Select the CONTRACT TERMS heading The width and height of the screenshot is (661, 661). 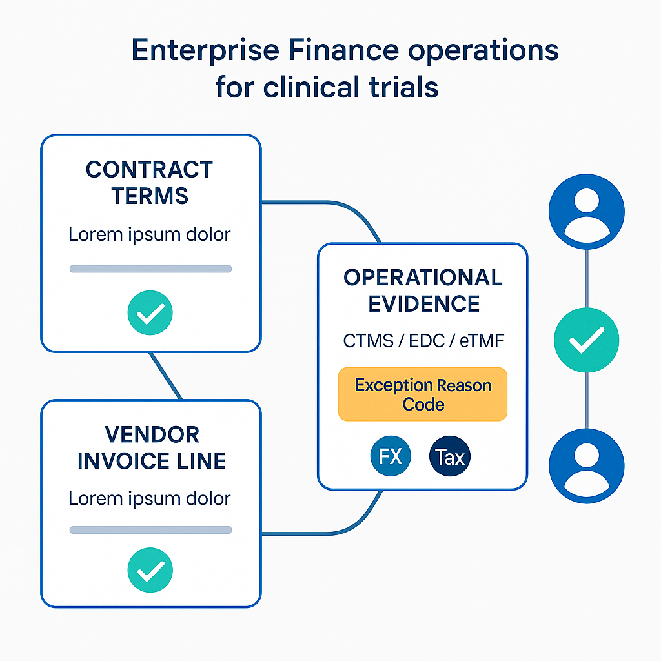[150, 182]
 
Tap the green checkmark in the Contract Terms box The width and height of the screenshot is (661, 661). [150, 313]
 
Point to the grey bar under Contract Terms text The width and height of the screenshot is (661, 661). [150, 269]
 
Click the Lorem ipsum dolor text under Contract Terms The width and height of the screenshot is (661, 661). [150, 234]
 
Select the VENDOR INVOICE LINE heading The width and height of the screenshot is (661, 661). [151, 447]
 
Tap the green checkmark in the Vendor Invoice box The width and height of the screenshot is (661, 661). [150, 569]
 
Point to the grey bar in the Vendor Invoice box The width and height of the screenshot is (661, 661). [150, 530]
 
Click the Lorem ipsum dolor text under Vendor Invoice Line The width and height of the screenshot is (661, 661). [150, 498]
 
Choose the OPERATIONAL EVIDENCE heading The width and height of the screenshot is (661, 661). [423, 290]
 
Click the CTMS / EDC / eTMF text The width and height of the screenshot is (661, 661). [423, 341]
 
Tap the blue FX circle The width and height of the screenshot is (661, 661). [391, 457]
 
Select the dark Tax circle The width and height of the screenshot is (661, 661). [450, 457]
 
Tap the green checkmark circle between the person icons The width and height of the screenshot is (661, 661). [586, 340]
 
